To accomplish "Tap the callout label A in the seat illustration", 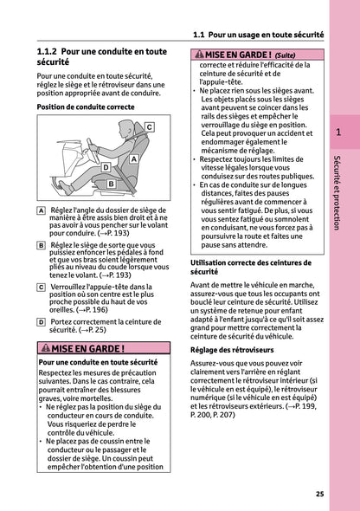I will click(x=133, y=160).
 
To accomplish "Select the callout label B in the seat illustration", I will click(x=111, y=184).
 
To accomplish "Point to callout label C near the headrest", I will click(x=149, y=127).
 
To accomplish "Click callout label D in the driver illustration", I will click(x=106, y=167).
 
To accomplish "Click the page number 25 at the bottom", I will click(x=319, y=494).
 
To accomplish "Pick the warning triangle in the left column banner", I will click(x=46, y=348).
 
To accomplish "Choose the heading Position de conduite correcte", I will click(x=86, y=107).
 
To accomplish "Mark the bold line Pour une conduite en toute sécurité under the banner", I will click(x=98, y=362).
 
